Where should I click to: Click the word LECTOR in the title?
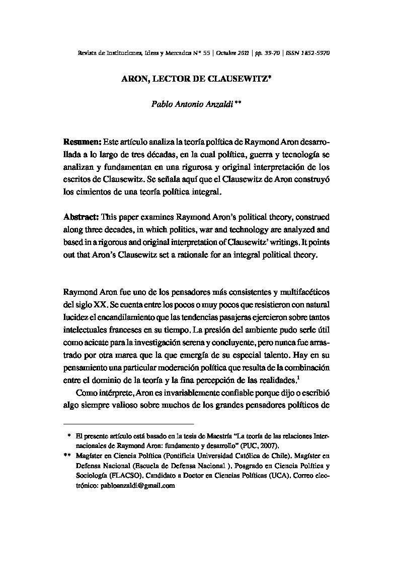(175, 79)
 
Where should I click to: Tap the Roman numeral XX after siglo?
(100, 304)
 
